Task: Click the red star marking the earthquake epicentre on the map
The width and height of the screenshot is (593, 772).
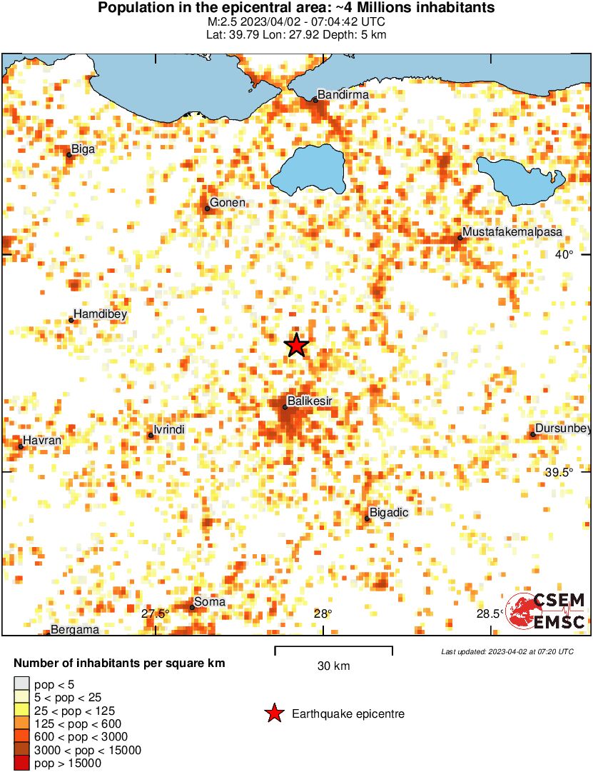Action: (x=296, y=345)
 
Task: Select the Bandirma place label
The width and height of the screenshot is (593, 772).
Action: (x=343, y=94)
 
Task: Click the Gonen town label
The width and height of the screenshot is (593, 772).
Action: (x=228, y=203)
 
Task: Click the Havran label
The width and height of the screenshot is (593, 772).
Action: (x=42, y=441)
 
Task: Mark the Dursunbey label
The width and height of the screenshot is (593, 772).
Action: (x=563, y=428)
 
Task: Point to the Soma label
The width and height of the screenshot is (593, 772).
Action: (x=210, y=602)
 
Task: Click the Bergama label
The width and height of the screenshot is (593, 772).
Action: (x=70, y=630)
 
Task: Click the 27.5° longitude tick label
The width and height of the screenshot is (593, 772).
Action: (x=155, y=613)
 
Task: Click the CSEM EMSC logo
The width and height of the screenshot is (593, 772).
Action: (x=546, y=611)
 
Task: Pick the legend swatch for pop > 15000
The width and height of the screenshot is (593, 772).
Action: (x=22, y=763)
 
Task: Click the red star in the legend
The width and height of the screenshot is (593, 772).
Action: (x=273, y=713)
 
